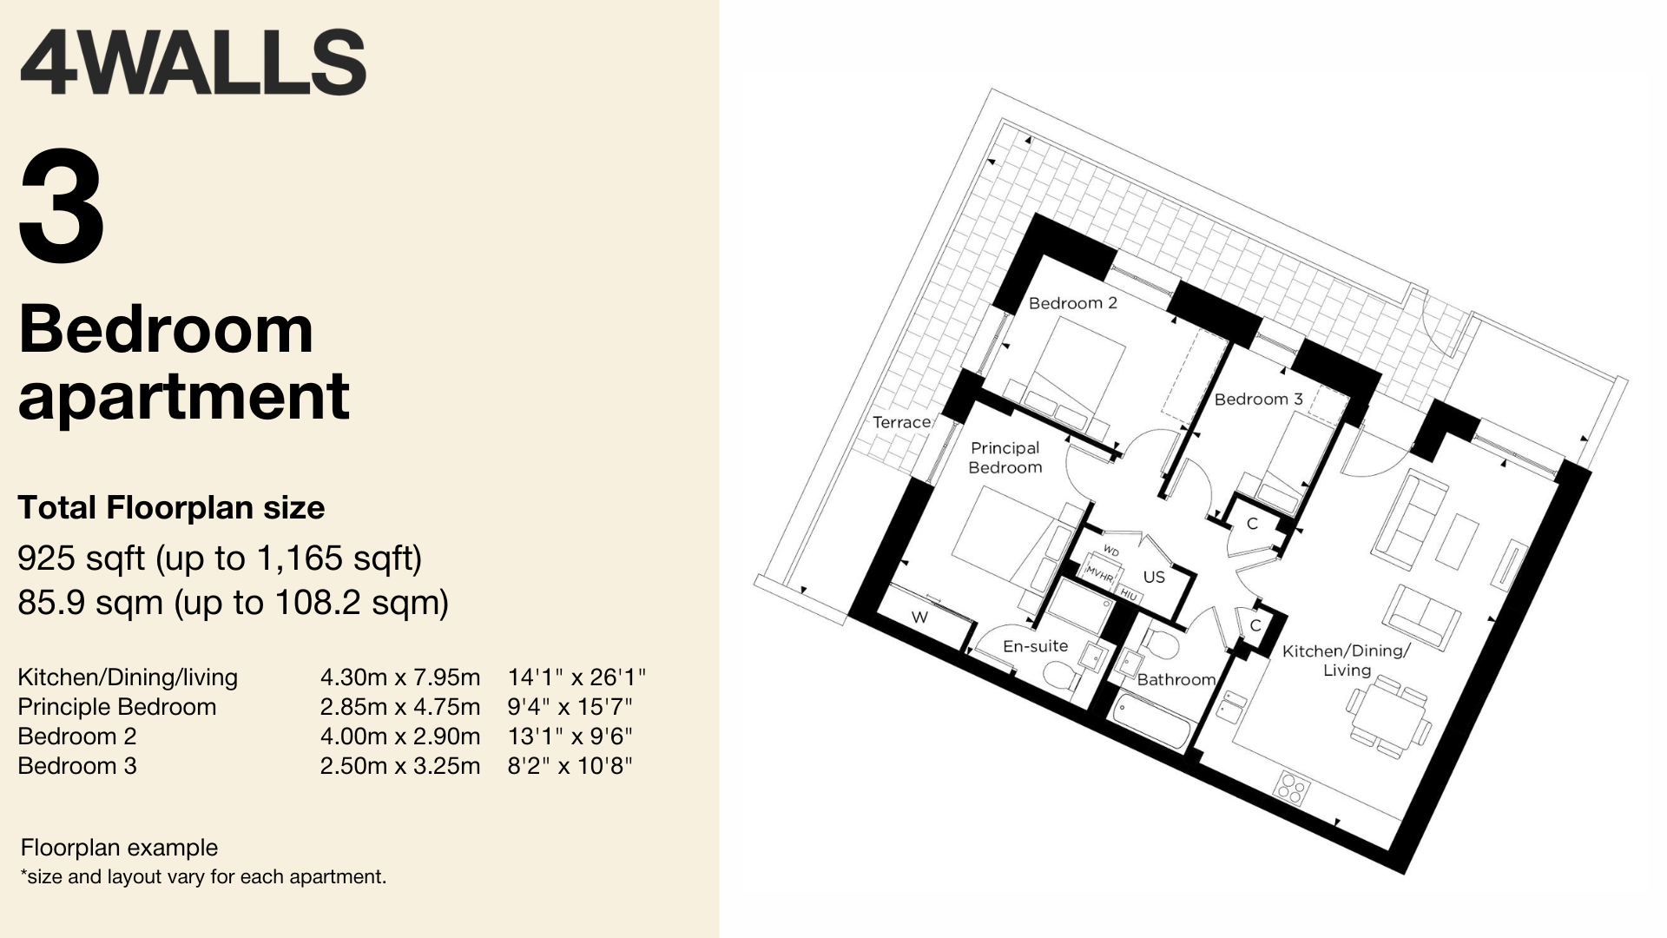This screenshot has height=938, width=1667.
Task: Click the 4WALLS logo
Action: [x=193, y=63]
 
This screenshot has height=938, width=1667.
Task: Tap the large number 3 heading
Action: [x=62, y=207]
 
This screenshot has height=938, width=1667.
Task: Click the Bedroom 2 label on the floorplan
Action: [x=1072, y=303]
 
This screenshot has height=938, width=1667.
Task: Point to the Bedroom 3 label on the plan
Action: [x=1258, y=400]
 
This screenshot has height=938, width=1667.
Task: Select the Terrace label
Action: [x=901, y=422]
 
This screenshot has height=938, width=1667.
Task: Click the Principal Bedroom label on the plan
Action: [x=1005, y=458]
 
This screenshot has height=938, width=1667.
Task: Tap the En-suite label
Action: [x=1035, y=646]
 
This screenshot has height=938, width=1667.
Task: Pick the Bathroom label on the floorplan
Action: [x=1176, y=679]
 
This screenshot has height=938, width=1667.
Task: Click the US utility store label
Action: [x=1154, y=577]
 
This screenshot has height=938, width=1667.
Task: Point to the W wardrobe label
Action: [x=919, y=618]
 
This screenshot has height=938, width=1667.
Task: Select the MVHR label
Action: [x=1099, y=574]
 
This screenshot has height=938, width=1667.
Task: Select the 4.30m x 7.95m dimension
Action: [x=399, y=677]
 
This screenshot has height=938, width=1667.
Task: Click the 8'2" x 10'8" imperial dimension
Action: [x=570, y=766]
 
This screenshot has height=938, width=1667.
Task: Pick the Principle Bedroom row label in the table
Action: [x=117, y=707]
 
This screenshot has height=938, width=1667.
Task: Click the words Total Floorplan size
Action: [x=171, y=508]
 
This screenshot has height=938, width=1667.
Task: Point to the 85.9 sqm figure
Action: [x=90, y=602]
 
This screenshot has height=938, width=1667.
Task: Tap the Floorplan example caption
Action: [x=119, y=848]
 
